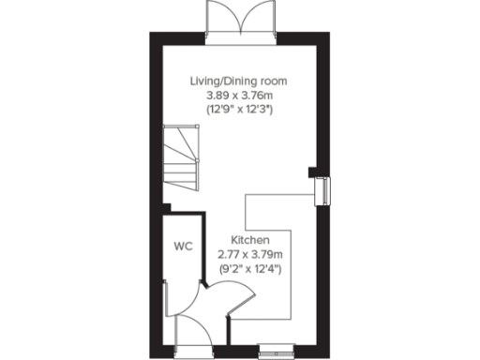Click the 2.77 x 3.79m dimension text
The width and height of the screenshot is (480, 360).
pos(250,255)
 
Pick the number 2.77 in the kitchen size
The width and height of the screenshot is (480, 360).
pos(229,255)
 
